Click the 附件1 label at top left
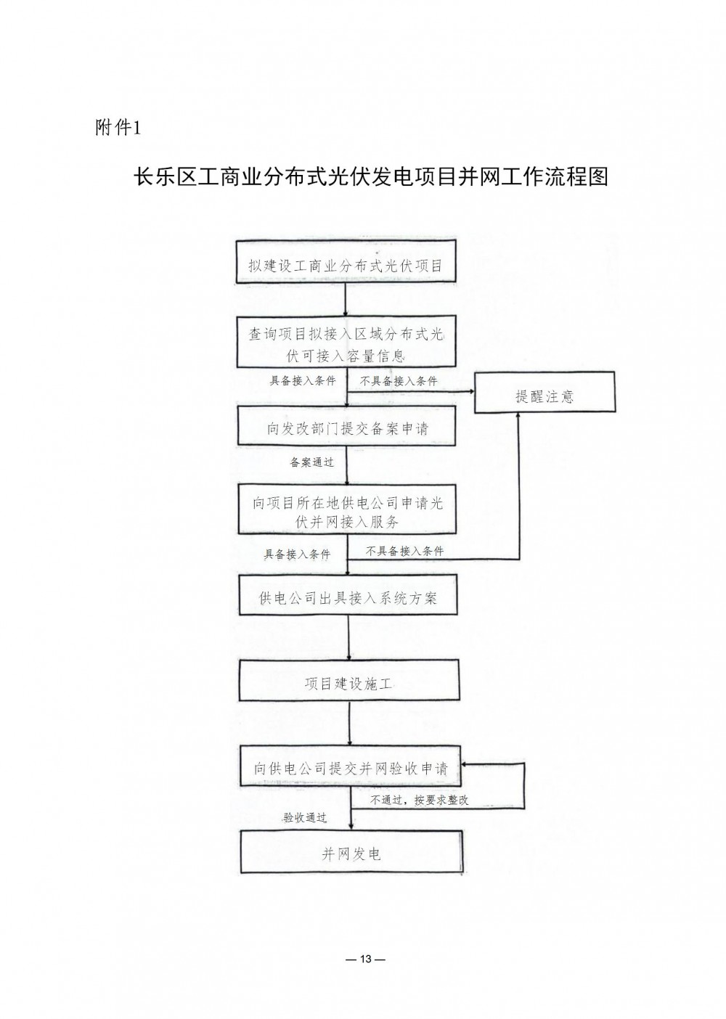click(118, 128)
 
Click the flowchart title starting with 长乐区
click(370, 176)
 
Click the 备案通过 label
click(311, 462)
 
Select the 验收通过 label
click(305, 817)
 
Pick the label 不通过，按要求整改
click(419, 801)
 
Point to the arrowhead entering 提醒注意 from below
click(519, 416)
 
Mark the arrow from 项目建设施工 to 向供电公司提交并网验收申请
click(350, 724)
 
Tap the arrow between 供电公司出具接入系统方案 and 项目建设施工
click(348, 638)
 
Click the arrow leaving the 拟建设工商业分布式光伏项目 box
click(346, 299)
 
